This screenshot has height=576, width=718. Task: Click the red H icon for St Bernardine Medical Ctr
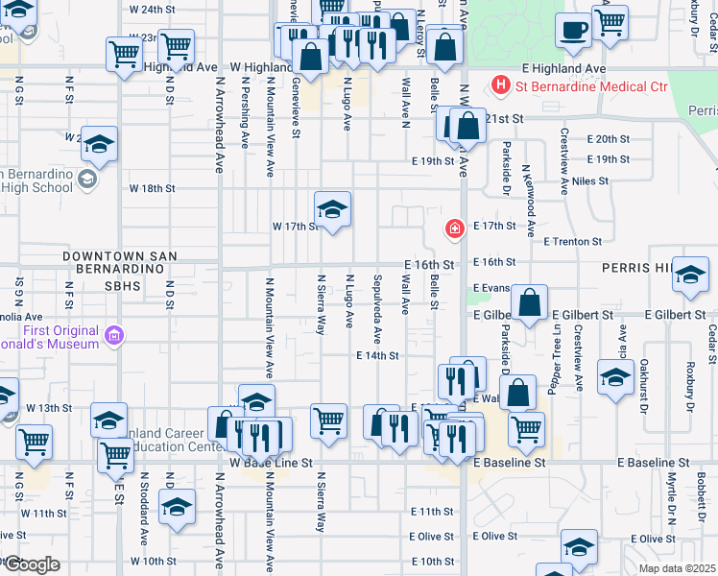[499, 85]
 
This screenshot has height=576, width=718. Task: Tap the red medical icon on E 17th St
[453, 228]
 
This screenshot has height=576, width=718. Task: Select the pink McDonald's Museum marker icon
[114, 336]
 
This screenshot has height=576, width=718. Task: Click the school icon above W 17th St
[332, 208]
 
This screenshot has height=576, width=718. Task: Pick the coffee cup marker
[574, 30]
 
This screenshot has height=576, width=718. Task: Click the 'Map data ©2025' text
[678, 568]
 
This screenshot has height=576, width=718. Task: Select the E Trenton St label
[572, 242]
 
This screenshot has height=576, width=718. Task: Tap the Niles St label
[589, 180]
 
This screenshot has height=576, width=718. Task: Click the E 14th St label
[376, 355]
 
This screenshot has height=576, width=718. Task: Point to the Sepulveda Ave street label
[378, 308]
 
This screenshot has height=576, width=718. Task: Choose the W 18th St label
[152, 188]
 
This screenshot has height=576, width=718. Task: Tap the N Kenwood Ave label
[528, 193]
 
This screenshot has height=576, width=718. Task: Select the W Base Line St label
[273, 463]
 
